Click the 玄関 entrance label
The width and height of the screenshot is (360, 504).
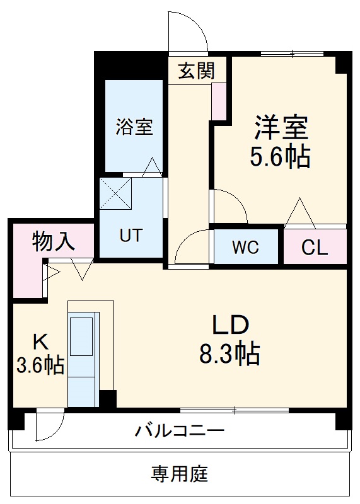coord(195,71)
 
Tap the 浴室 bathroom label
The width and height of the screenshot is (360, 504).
coord(134,127)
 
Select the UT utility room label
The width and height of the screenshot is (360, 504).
coord(131,236)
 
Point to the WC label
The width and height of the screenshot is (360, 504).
coord(245,248)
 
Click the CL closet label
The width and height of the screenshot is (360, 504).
coord(314,248)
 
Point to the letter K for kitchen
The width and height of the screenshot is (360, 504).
coord(39,341)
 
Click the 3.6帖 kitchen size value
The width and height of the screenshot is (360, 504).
coord(39,365)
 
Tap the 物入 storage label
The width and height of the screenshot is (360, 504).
coord(53,242)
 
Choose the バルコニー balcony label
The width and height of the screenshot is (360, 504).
coord(180,432)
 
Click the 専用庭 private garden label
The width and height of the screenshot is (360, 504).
coord(179,473)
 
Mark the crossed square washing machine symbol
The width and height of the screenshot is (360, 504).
coord(115,193)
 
